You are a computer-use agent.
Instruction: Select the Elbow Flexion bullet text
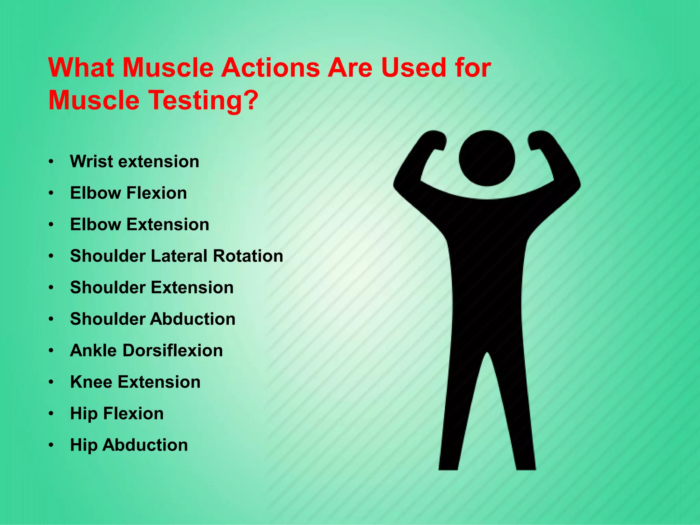(128, 193)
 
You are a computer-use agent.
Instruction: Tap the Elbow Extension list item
(139, 225)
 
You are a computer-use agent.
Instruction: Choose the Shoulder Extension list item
(152, 287)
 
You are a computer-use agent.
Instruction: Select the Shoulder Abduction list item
(152, 319)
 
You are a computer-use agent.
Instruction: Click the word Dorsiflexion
(172, 350)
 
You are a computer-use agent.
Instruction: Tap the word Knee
(91, 382)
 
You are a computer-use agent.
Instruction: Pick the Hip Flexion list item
(117, 414)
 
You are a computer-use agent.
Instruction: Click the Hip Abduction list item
(129, 445)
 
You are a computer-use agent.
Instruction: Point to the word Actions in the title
(270, 68)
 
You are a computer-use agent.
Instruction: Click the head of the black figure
(487, 158)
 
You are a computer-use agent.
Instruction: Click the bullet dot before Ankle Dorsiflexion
(51, 351)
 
